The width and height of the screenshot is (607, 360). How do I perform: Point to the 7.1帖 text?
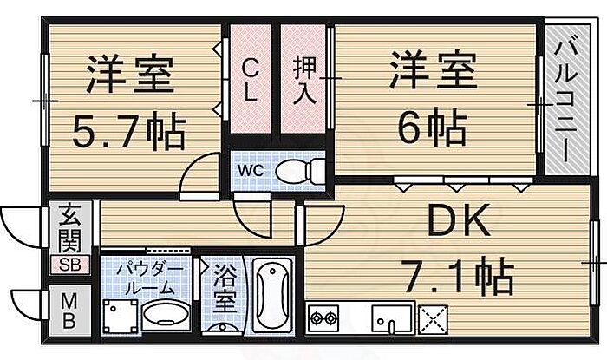(457, 278)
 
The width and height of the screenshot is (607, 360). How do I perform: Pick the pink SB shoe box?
(70, 265)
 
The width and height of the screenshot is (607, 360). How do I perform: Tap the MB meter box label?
(69, 310)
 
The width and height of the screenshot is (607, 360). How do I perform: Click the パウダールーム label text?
(147, 277)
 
